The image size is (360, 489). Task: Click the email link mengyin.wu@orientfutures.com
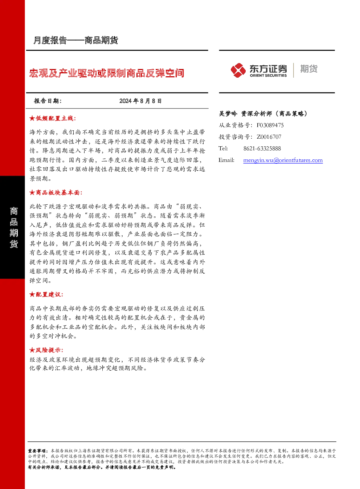click(283, 160)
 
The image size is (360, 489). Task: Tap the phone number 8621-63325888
click(262, 148)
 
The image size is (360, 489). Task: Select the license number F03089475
click(270, 125)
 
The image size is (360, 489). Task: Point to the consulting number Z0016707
click(269, 137)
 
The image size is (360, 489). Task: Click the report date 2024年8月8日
click(140, 101)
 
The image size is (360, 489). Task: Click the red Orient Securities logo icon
click(238, 70)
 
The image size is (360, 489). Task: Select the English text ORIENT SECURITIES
click(268, 76)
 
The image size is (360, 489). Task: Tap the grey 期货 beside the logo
click(309, 69)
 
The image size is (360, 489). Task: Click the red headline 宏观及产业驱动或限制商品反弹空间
click(106, 73)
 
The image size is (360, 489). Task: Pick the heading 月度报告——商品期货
click(75, 40)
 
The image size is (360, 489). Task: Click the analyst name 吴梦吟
click(228, 114)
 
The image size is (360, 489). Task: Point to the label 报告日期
click(48, 101)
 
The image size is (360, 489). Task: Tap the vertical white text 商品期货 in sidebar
click(14, 228)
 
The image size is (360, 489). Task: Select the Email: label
click(226, 160)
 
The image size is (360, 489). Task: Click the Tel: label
click(223, 148)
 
